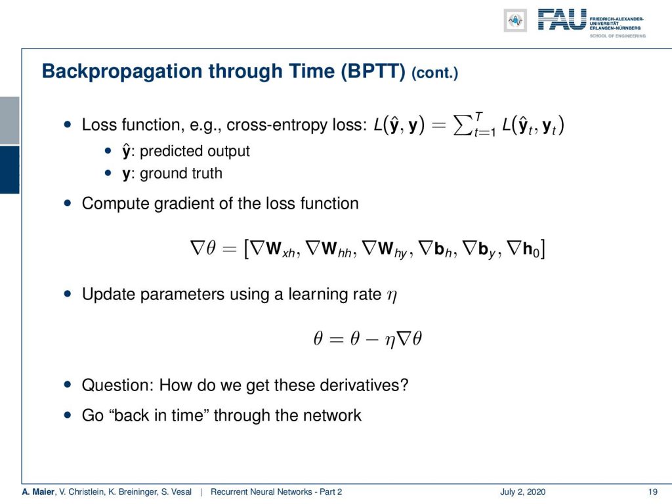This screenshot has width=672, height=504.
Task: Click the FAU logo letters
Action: click(x=562, y=20)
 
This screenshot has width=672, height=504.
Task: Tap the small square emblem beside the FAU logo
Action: click(x=516, y=20)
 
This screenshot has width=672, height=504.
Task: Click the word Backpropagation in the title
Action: click(x=121, y=72)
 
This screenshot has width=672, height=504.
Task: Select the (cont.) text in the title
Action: click(x=434, y=72)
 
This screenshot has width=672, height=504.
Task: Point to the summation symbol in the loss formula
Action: click(x=462, y=125)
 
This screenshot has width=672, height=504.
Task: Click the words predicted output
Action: click(x=194, y=152)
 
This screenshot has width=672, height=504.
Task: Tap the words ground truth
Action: click(x=181, y=173)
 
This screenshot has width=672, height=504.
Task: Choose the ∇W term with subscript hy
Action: click(x=385, y=249)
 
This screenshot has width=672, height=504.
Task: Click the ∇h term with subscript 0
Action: click(x=523, y=249)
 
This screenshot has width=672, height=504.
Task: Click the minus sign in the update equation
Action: click(x=372, y=340)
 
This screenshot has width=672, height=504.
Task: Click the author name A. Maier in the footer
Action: click(x=39, y=492)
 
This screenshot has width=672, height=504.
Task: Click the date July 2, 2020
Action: click(x=522, y=492)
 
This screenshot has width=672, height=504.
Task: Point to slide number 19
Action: click(x=653, y=492)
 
